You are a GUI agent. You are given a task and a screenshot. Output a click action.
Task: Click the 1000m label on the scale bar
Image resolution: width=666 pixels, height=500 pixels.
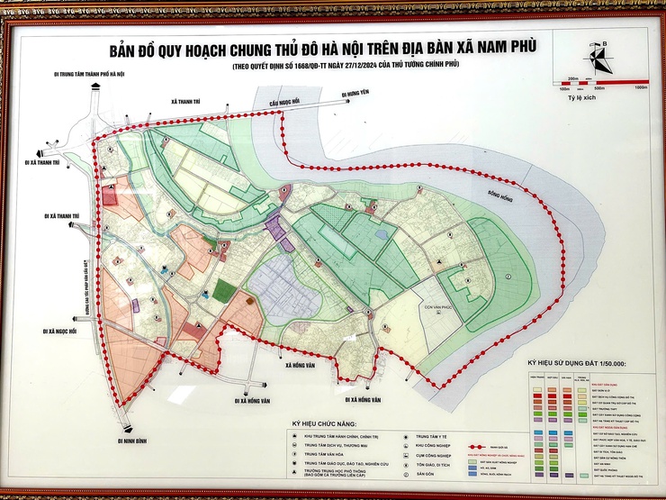[641, 88]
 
